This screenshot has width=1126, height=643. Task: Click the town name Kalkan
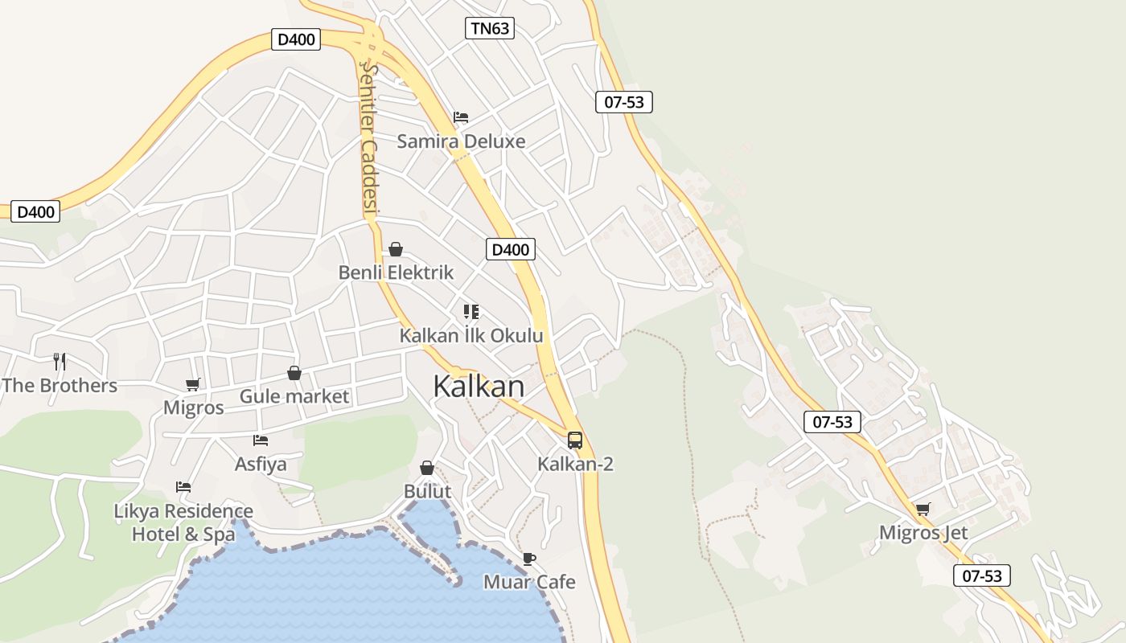tap(479, 387)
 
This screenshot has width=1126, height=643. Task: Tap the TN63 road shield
tap(489, 29)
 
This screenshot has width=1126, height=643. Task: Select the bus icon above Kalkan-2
tap(575, 440)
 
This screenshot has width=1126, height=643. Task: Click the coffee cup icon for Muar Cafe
tap(528, 559)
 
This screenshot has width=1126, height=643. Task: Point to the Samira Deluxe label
tap(461, 141)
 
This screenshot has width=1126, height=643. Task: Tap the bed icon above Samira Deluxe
tap(461, 117)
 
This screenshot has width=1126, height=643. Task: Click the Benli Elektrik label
tap(396, 272)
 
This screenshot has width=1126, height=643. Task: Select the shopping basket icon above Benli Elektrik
tap(396, 249)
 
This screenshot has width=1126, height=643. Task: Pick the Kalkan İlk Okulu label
tap(471, 336)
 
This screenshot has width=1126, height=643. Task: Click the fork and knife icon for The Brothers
tap(60, 361)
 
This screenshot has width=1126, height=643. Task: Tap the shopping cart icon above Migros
tap(193, 384)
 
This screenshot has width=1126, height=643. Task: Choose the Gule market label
tap(294, 396)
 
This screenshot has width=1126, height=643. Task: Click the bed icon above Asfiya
tap(260, 440)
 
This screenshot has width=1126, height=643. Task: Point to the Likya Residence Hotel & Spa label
tap(183, 522)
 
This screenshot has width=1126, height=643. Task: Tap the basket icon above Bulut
tap(427, 468)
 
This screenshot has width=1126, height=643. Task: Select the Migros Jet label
tap(923, 533)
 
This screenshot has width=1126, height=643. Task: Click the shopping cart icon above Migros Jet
tap(923, 509)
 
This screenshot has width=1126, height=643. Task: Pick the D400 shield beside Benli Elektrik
tap(511, 249)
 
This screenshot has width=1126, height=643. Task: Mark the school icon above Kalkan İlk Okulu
tap(471, 312)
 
